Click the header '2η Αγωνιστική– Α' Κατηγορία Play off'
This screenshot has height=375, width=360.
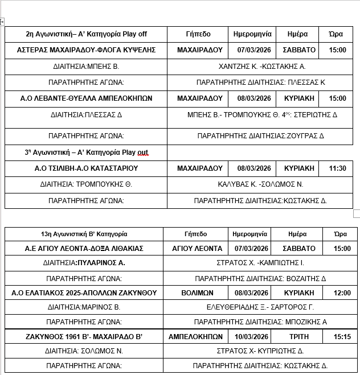click(x=87, y=34)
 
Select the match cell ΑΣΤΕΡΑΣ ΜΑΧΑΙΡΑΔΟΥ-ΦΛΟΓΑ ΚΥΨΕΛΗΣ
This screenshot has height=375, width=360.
click(x=87, y=50)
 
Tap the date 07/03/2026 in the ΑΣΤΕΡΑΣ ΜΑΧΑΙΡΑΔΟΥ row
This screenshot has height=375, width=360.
click(x=253, y=50)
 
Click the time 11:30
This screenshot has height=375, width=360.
click(x=338, y=168)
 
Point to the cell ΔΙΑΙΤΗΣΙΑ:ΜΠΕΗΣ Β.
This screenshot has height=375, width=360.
click(x=87, y=66)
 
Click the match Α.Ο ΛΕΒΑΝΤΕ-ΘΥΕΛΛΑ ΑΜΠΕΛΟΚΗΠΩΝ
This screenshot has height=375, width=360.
click(x=87, y=98)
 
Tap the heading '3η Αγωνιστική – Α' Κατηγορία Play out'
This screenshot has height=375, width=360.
click(x=87, y=153)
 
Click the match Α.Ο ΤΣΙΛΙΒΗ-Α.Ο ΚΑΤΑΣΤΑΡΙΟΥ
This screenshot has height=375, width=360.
click(x=87, y=168)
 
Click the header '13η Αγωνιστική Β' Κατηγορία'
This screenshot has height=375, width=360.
click(x=84, y=234)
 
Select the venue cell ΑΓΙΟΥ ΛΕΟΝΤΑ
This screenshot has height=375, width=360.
click(x=197, y=249)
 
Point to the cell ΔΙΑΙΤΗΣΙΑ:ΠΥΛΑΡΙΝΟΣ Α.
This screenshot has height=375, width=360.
click(x=84, y=263)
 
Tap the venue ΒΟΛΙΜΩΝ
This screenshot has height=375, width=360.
click(x=197, y=292)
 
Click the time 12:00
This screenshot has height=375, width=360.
click(x=342, y=292)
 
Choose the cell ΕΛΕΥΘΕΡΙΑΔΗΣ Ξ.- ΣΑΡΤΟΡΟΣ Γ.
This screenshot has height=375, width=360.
click(x=260, y=307)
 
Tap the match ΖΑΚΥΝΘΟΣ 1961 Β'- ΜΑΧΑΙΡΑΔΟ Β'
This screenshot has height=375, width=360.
click(x=84, y=336)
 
